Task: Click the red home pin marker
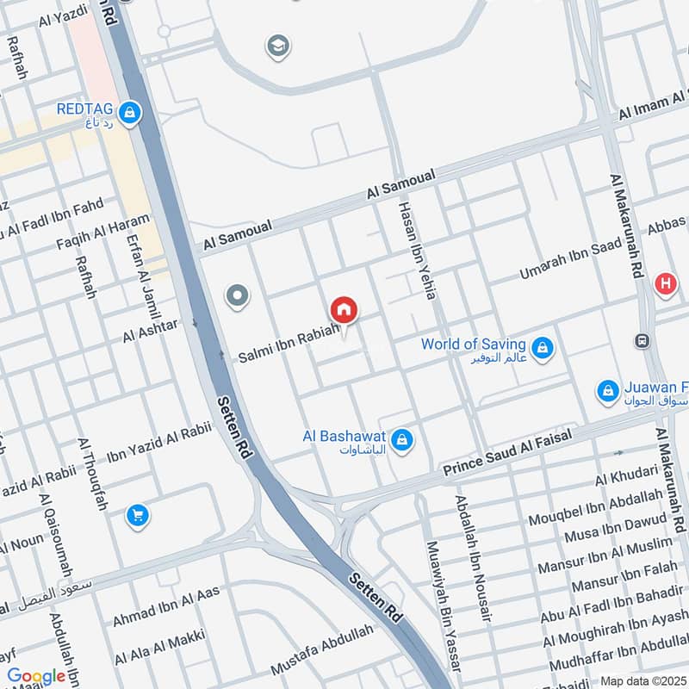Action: [x=344, y=310]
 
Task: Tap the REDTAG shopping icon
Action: [x=129, y=113]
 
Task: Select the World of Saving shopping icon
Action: [x=542, y=348]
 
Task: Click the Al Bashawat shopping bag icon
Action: [x=400, y=442]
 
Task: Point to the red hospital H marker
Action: [x=665, y=283]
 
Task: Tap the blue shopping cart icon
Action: [x=137, y=516]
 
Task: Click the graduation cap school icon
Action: [x=277, y=45]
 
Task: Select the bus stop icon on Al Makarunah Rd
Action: [x=642, y=340]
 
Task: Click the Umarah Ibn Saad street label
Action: [x=571, y=259]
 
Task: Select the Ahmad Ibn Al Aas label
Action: [x=166, y=605]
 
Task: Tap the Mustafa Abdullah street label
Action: [x=323, y=649]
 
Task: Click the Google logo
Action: [x=37, y=676]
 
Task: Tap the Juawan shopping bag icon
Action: [x=608, y=391]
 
